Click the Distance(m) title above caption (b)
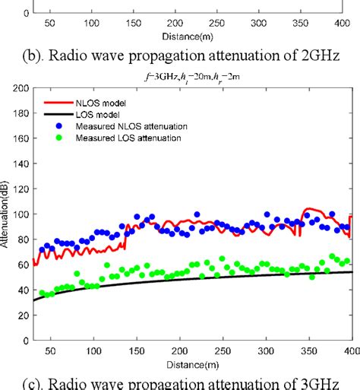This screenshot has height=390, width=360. [x=191, y=35]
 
